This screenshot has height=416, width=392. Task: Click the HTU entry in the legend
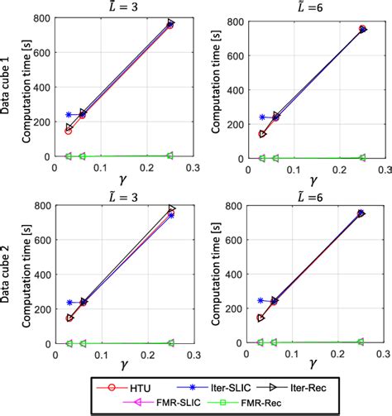point(121,385)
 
